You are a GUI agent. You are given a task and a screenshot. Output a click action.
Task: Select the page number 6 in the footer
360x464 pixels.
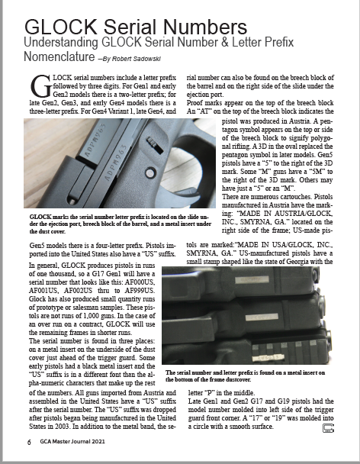point(29,442)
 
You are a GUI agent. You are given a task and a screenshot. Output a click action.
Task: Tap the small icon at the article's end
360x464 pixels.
point(329,428)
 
